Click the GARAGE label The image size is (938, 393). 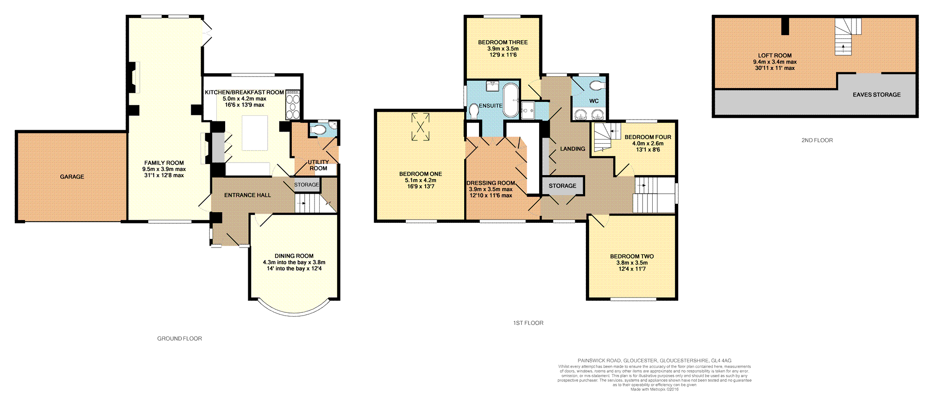[x=72, y=177]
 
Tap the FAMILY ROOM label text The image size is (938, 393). [x=164, y=163]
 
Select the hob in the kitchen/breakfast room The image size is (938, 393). [x=293, y=105]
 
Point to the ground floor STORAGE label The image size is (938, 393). [x=307, y=185]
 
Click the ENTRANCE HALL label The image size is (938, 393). [x=247, y=195]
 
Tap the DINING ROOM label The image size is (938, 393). [x=294, y=256]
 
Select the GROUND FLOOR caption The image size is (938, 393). [x=180, y=339]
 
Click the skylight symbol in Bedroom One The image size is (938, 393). [x=421, y=127]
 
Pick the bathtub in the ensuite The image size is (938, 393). [x=511, y=100]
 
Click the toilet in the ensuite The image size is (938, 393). [x=474, y=112]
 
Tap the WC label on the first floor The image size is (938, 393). [x=594, y=101]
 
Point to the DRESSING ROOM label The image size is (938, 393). [x=491, y=183]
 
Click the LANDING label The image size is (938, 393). [x=573, y=149]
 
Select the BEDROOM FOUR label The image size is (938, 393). [x=648, y=137]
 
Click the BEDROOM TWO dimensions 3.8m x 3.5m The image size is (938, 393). [x=632, y=263]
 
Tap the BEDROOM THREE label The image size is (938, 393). [x=503, y=42]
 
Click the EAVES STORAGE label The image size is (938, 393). [x=876, y=95]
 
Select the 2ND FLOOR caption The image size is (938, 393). [x=817, y=140]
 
